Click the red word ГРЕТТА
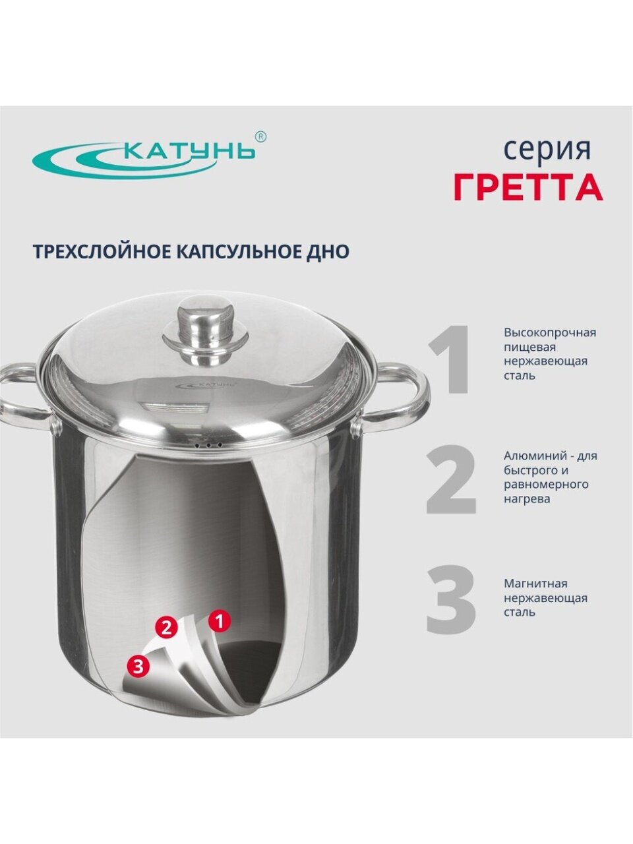(x=528, y=187)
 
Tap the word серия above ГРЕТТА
(x=548, y=150)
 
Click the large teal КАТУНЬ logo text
(x=191, y=151)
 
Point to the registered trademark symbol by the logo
(x=260, y=137)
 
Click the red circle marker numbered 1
(x=220, y=618)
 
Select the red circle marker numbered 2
(x=166, y=627)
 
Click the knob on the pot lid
(x=205, y=330)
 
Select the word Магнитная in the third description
(x=536, y=584)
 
